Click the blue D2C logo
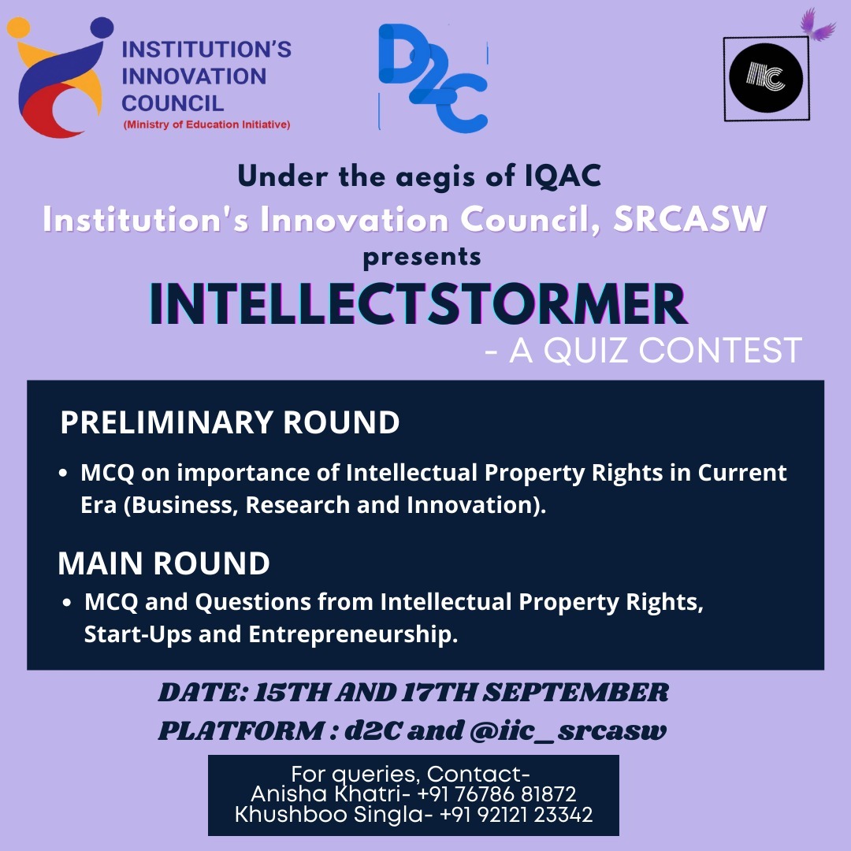tap(433, 77)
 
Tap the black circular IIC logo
tap(766, 77)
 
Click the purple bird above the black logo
tap(816, 24)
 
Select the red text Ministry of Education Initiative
tap(206, 124)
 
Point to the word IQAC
tap(563, 177)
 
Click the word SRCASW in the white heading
tap(689, 219)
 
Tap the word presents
tap(422, 258)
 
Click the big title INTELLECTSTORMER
tap(418, 303)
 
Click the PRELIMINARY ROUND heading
tap(229, 422)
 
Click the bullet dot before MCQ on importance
tap(64, 474)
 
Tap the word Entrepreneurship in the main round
tap(353, 634)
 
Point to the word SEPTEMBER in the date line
tap(575, 693)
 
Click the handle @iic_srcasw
tap(568, 731)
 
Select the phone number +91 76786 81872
tap(496, 794)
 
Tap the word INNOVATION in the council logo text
tap(194, 76)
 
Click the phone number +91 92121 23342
tap(515, 815)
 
